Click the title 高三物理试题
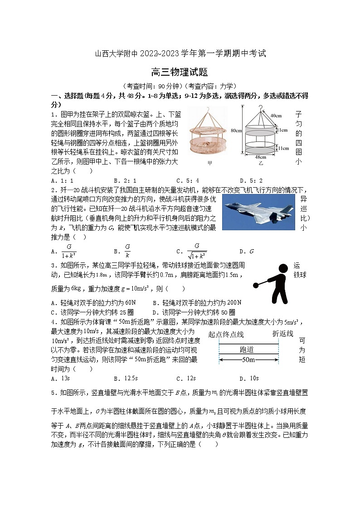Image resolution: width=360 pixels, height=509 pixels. (x=180, y=72)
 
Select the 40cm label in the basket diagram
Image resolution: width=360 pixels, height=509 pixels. (x=276, y=115)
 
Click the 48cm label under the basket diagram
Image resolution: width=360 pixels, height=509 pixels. (x=260, y=156)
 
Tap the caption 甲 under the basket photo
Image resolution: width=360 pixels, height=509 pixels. (x=209, y=163)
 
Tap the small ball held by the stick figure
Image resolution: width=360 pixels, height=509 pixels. (x=256, y=285)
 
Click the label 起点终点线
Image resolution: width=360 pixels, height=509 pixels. (x=226, y=334)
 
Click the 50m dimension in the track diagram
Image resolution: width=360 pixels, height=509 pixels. (x=248, y=360)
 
